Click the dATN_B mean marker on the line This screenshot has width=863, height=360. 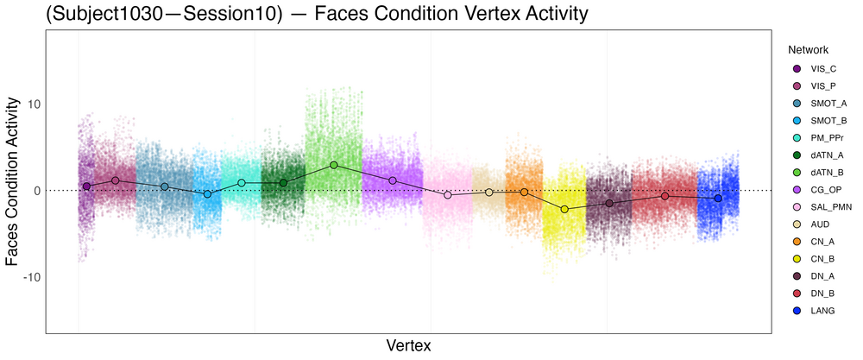(x=334, y=165)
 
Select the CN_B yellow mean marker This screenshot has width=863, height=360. (x=565, y=209)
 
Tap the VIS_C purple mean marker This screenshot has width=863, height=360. (x=86, y=186)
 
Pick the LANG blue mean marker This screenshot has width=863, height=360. (x=718, y=199)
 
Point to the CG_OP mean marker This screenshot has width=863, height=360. (x=393, y=180)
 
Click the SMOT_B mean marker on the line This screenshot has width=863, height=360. (x=207, y=194)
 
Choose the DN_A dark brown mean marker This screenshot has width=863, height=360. (x=609, y=204)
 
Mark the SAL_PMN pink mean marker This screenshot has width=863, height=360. (x=448, y=195)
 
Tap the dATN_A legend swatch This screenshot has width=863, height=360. (x=797, y=155)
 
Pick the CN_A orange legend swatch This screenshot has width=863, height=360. (x=797, y=242)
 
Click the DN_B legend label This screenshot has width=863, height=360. (x=823, y=294)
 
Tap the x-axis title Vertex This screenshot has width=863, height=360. (x=408, y=345)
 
